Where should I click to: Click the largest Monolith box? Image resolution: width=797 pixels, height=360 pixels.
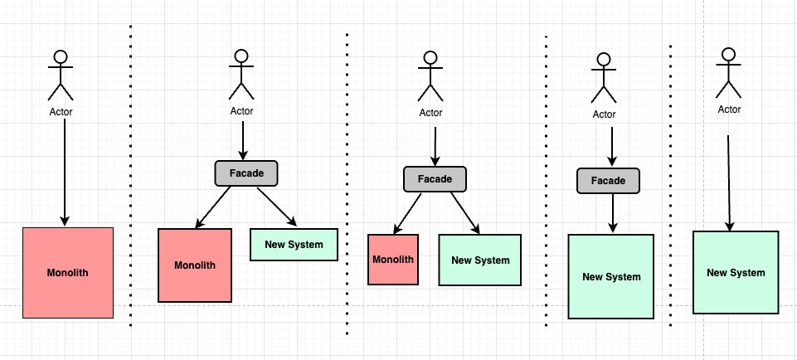point(68,273)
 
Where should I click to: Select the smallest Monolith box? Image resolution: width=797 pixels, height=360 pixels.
point(393,260)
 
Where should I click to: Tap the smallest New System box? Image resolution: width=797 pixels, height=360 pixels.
point(294,245)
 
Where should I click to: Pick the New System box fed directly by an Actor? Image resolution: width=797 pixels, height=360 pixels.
point(736,273)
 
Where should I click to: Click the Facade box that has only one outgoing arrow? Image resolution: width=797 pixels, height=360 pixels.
point(608,181)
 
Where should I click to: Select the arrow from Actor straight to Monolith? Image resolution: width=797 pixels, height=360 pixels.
point(65,173)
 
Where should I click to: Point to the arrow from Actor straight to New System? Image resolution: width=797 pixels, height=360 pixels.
point(729,183)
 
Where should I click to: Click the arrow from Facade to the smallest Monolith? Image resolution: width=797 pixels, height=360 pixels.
point(407,213)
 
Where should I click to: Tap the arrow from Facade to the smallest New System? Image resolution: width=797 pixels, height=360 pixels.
point(276,207)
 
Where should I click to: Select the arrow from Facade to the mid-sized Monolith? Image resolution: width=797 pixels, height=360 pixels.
point(213,207)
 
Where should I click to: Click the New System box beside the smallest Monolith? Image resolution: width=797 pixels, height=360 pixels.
point(480,260)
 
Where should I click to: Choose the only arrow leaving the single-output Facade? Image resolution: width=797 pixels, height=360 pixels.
point(613,213)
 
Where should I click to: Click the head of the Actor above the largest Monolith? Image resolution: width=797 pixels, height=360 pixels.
point(61,56)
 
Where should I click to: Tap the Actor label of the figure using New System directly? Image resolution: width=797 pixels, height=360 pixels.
point(729,109)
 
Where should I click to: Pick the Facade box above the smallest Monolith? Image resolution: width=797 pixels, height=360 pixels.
point(435,179)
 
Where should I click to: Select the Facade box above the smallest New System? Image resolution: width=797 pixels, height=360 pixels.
point(246,173)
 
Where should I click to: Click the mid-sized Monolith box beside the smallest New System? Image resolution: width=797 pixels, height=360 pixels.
point(195,265)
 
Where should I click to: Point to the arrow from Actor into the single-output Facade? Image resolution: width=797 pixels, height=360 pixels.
point(611,147)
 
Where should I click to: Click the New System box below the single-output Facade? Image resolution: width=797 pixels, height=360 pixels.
point(611,276)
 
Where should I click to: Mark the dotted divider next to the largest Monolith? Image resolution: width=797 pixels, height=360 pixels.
point(131,175)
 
